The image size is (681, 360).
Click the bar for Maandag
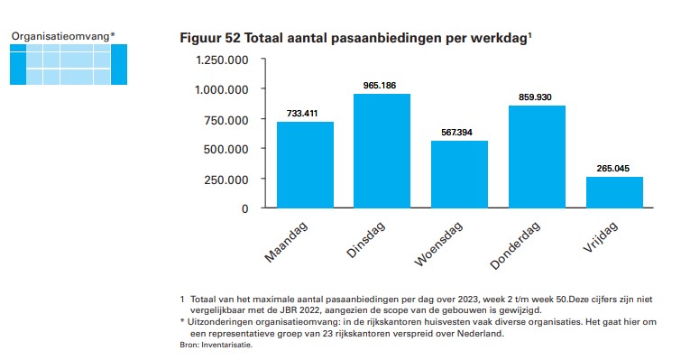click(305, 165)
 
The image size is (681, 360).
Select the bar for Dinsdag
click(382, 151)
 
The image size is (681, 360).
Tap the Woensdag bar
click(459, 174)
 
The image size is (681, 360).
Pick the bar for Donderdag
click(538, 157)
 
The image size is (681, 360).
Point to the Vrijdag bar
click(614, 192)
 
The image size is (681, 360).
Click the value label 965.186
click(380, 86)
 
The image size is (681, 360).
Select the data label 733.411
click(302, 114)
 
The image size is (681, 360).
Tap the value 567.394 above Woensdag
click(457, 133)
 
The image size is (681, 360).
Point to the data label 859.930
click(535, 97)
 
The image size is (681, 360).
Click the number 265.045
click(612, 169)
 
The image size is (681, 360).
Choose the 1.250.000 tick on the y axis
click(223, 60)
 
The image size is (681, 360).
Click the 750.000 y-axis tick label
click(226, 120)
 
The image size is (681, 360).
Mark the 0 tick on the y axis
click(245, 209)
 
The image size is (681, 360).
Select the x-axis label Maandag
click(286, 242)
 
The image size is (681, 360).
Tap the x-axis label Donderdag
click(516, 245)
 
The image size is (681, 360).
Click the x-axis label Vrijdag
click(600, 237)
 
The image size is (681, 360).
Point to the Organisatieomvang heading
click(60, 36)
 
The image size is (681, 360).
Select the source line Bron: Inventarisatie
click(216, 346)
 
